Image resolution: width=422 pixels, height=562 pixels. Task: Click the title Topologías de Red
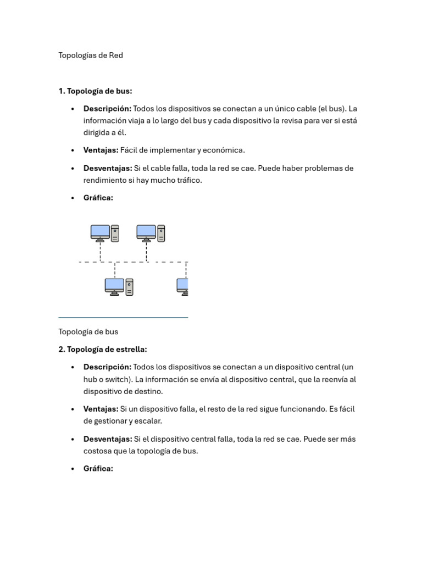[x=91, y=55]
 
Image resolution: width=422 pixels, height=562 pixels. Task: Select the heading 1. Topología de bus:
[x=95, y=91]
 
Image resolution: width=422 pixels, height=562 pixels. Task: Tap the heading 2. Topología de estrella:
[x=103, y=349]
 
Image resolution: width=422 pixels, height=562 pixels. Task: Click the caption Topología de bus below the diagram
[x=88, y=331]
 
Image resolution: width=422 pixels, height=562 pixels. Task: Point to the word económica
[x=225, y=150]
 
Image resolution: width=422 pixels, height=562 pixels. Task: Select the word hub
[x=91, y=379]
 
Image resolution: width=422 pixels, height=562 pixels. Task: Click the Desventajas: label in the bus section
[x=108, y=168]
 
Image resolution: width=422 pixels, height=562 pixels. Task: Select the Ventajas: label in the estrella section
[x=101, y=409]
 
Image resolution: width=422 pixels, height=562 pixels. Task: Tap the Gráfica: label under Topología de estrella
[x=98, y=469]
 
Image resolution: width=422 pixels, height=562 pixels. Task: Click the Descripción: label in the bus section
[x=107, y=109]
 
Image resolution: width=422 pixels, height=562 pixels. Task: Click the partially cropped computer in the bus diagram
[x=182, y=286]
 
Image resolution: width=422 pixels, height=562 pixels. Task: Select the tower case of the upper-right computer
[x=161, y=233]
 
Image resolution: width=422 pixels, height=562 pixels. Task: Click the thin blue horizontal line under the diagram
[x=123, y=317]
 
